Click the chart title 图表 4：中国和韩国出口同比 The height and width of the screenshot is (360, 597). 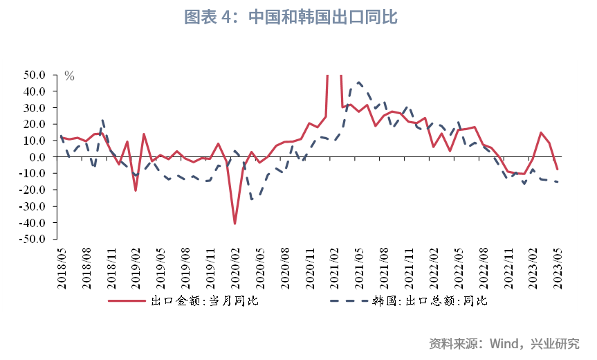[x=291, y=17]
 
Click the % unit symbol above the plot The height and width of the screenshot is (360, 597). [x=69, y=76]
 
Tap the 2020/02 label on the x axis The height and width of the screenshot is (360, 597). [x=235, y=267]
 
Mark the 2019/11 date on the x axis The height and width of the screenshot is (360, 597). [x=210, y=267]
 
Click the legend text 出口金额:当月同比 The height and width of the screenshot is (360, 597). [x=205, y=301]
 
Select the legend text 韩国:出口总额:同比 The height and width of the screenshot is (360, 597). [x=430, y=301]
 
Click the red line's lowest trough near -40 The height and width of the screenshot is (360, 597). [x=235, y=224]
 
